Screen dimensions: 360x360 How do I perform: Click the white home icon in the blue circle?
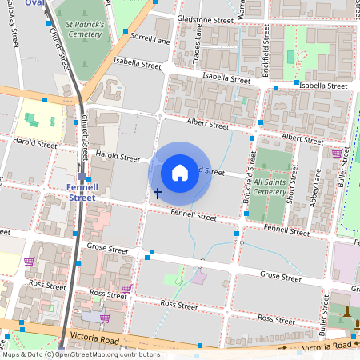click(x=180, y=172)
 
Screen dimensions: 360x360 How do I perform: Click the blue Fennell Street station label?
click(x=82, y=192)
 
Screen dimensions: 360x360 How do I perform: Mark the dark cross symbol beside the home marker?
click(x=158, y=193)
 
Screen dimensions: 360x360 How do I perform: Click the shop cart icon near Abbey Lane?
click(x=337, y=153)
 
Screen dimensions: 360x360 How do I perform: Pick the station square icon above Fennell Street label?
click(x=82, y=177)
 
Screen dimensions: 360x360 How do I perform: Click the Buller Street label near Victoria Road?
click(x=324, y=318)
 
